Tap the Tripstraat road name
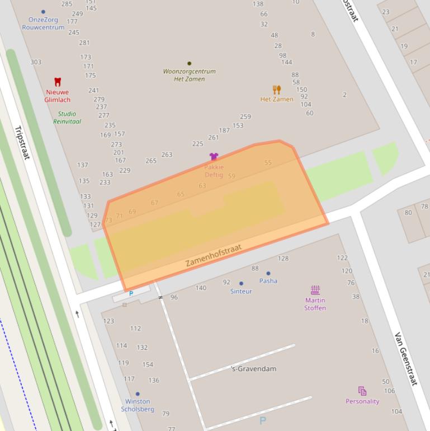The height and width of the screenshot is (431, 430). click(x=22, y=142)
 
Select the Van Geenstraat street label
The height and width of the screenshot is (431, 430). click(x=406, y=358)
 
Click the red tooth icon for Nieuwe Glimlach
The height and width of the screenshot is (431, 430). click(x=57, y=82)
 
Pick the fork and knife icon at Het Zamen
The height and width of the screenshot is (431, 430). click(x=276, y=90)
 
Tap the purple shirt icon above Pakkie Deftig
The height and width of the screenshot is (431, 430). click(x=214, y=157)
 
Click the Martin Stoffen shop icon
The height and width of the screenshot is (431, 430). click(x=315, y=289)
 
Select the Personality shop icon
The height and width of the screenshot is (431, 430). click(x=362, y=391)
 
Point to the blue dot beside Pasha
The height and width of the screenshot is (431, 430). click(x=268, y=273)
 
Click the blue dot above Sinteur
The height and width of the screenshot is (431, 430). click(x=241, y=283)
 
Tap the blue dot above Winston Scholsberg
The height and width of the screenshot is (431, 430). click(x=138, y=394)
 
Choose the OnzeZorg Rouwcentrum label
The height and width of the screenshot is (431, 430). click(x=43, y=24)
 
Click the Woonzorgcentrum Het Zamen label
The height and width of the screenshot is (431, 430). click(x=189, y=75)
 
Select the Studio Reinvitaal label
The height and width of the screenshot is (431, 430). click(x=67, y=118)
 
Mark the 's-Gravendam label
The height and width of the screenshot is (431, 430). click(x=253, y=369)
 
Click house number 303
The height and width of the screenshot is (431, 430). click(x=36, y=62)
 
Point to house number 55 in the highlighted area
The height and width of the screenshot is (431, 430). click(x=268, y=163)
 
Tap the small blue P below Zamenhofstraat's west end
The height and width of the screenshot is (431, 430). click(x=131, y=293)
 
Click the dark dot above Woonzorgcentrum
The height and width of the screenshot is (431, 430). click(x=189, y=63)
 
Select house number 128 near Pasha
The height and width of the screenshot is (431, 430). click(x=283, y=259)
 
